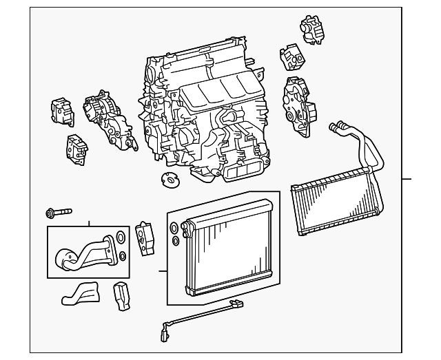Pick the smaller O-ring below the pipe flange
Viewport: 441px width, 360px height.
122,256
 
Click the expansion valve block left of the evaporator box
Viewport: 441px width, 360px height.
145,236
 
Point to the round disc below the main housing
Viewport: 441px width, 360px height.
167,181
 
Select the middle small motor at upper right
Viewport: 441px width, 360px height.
290,60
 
